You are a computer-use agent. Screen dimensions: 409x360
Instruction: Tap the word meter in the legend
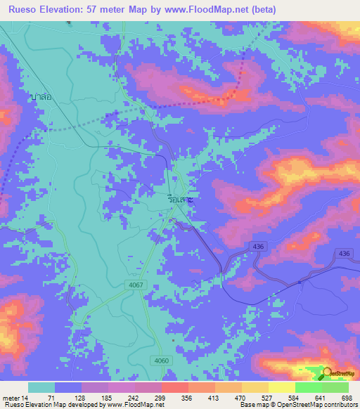point(13,398)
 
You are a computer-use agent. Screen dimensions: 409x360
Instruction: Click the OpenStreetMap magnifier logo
point(327,373)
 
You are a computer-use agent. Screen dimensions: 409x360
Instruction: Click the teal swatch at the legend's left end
point(41,387)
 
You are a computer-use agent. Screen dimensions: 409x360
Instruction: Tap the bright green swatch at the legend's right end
point(335,387)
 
